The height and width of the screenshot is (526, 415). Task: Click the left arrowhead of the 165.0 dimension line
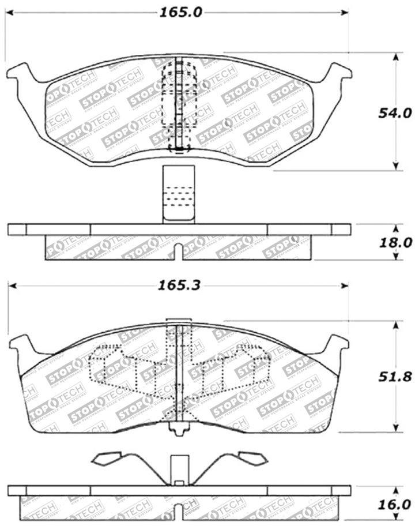click(x=12, y=12)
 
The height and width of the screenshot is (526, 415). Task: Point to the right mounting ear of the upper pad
click(x=340, y=73)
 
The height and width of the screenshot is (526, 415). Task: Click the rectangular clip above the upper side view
click(x=179, y=194)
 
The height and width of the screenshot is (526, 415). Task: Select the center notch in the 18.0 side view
click(x=179, y=251)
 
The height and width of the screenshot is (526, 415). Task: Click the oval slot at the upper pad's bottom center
click(x=179, y=149)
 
